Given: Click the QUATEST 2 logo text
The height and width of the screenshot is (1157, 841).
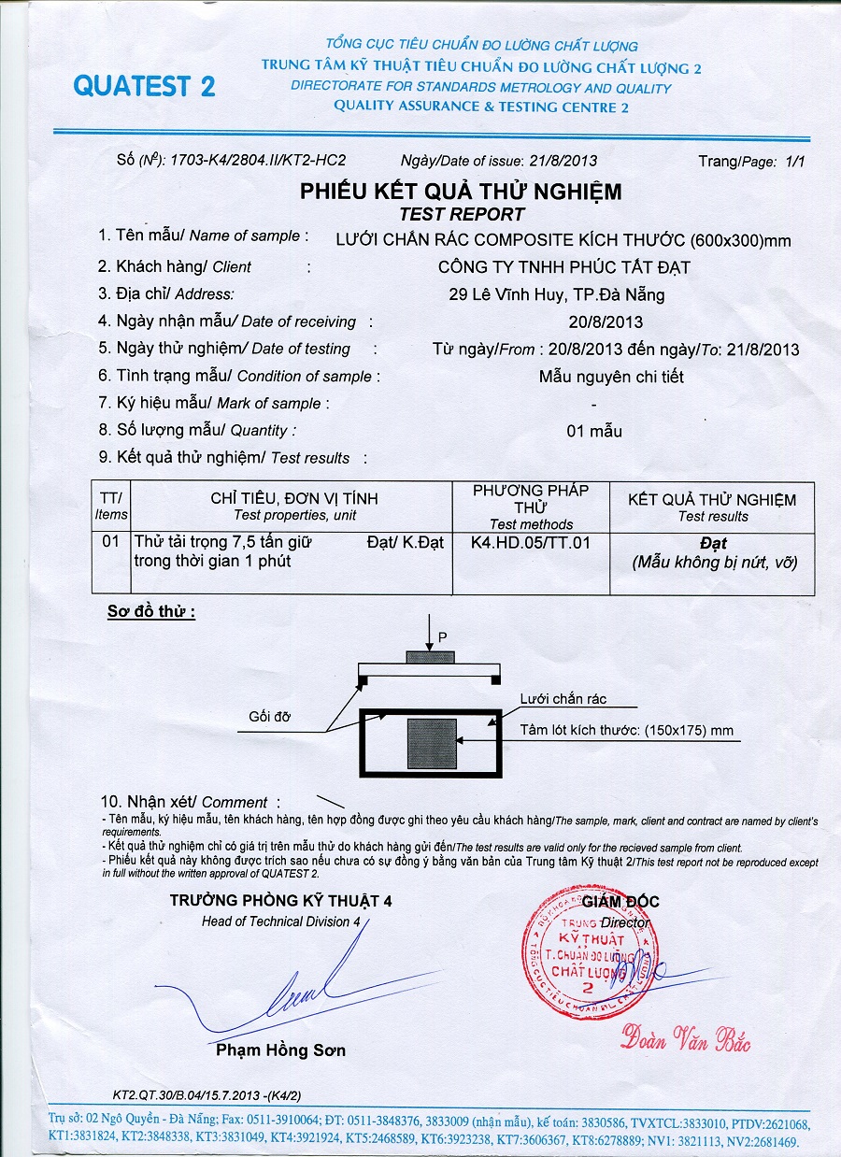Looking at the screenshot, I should click(144, 86).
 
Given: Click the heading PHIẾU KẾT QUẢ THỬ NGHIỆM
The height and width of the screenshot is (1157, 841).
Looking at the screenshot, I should click(460, 192).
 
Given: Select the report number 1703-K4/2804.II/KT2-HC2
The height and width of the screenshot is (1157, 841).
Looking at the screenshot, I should click(257, 161).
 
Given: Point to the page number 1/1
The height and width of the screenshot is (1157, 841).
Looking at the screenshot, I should click(796, 162).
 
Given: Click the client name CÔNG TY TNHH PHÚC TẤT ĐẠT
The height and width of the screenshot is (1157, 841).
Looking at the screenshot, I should click(563, 267).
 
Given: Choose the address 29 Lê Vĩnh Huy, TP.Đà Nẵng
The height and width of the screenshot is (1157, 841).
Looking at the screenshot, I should click(557, 294).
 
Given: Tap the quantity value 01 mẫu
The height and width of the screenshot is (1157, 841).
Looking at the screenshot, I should click(593, 431).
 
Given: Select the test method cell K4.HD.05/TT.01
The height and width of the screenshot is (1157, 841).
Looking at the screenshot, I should click(531, 542).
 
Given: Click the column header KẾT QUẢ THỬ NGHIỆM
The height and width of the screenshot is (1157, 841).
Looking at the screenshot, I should click(712, 500).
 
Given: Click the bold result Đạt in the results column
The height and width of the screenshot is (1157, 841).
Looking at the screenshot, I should click(713, 543).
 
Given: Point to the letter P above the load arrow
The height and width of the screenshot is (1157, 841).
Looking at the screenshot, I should click(442, 636).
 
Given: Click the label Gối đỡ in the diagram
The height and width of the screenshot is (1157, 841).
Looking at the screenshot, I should click(270, 717).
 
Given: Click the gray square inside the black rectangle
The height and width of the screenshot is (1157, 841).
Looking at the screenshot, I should click(431, 744).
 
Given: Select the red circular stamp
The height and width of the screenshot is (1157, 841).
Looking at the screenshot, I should click(587, 953).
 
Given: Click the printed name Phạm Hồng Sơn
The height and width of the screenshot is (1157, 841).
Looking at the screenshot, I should click(280, 1050).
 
